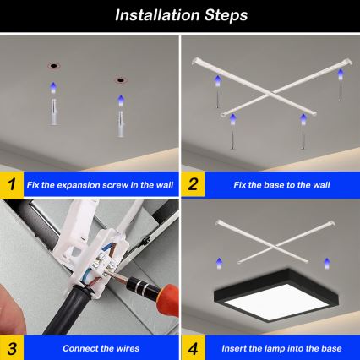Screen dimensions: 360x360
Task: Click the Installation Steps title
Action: pyautogui.click(x=180, y=15)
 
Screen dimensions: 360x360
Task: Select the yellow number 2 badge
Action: pyautogui.click(x=194, y=183)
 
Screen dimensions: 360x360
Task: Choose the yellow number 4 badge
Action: pyautogui.click(x=194, y=347)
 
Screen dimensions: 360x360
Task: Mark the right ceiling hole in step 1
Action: pyautogui.click(x=118, y=81)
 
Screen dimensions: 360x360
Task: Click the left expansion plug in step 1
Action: pyautogui.click(x=53, y=107)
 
